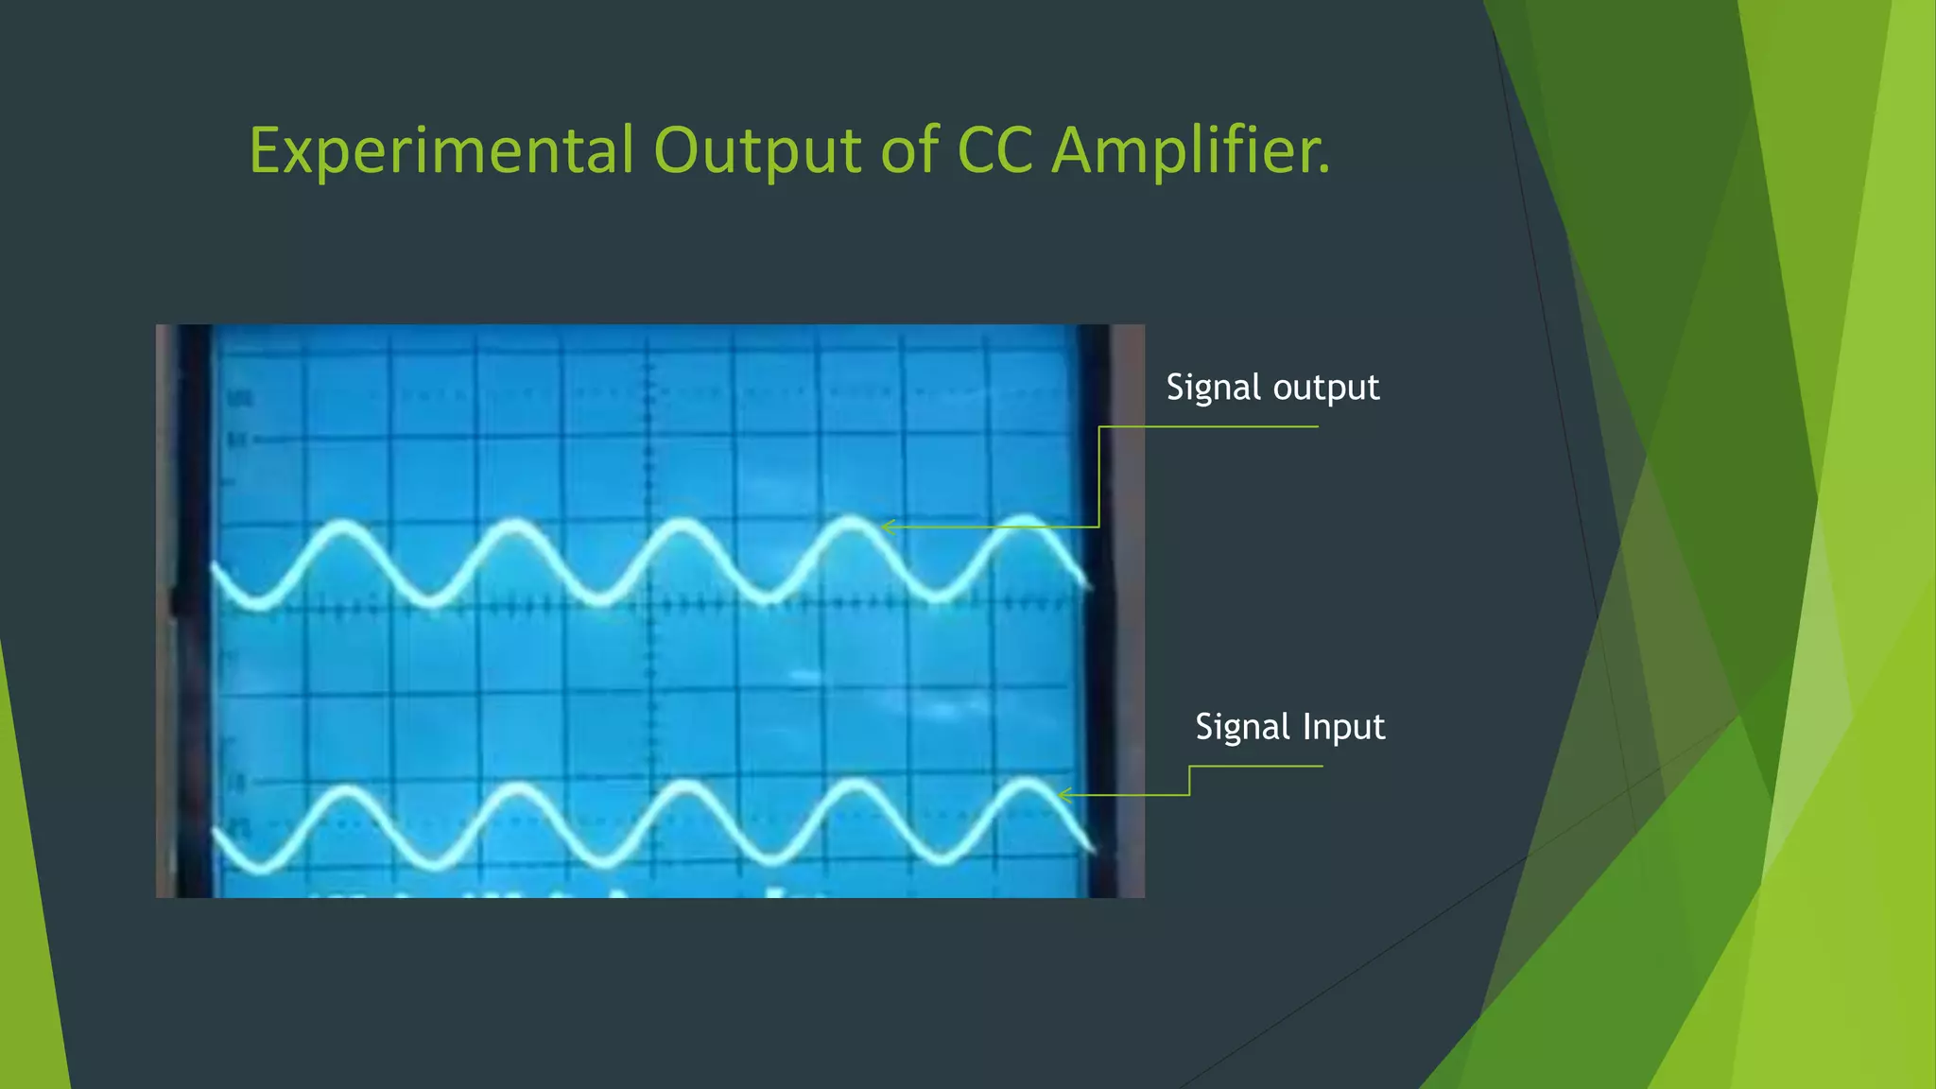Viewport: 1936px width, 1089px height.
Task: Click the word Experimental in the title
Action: click(441, 151)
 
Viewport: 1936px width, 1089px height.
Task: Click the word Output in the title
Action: click(757, 151)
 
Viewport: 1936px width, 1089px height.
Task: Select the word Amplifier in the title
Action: click(1191, 151)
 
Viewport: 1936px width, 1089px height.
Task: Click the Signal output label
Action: click(1272, 388)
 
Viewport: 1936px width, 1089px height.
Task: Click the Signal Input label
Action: click(1289, 727)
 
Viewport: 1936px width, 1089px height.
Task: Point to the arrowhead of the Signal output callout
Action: click(885, 527)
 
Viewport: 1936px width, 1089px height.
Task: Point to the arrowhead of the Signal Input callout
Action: click(1063, 795)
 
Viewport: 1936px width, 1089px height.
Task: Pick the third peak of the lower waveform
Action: click(683, 785)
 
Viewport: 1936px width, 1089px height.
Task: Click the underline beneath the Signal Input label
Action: click(1257, 767)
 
